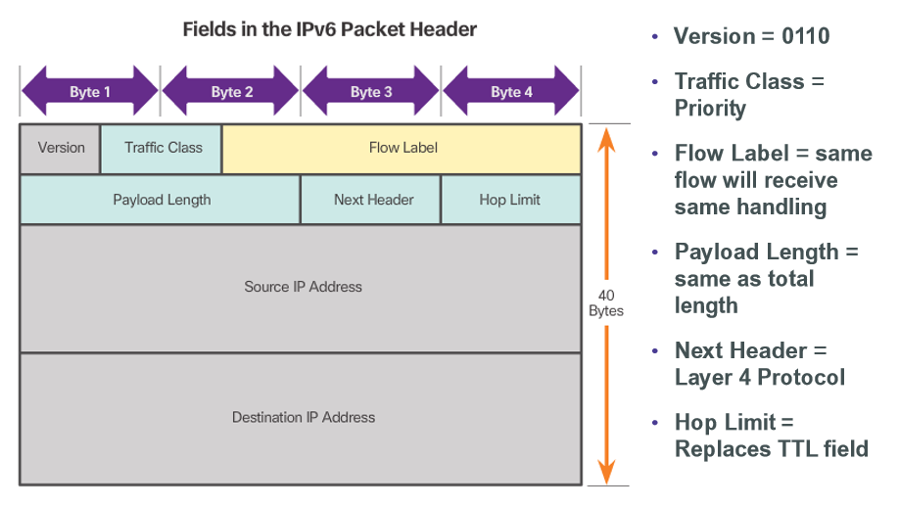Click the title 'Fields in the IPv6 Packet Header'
[x=330, y=29]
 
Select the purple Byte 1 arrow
[x=89, y=92]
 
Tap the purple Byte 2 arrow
[x=231, y=92]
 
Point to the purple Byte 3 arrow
[x=371, y=92]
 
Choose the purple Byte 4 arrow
[x=511, y=92]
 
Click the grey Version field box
[x=61, y=148]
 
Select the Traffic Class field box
[x=163, y=148]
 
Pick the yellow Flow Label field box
[x=402, y=148]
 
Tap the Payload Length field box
[x=161, y=200]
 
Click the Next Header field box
[x=372, y=200]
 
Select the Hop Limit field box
[x=510, y=200]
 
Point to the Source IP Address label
[x=303, y=287]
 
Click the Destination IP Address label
[x=303, y=417]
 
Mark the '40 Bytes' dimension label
[x=606, y=301]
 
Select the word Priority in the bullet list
[x=710, y=109]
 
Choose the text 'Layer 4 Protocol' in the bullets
[x=759, y=378]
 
